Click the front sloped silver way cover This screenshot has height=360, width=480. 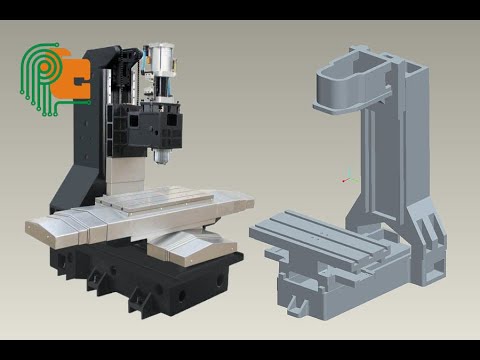coord(190,246)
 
